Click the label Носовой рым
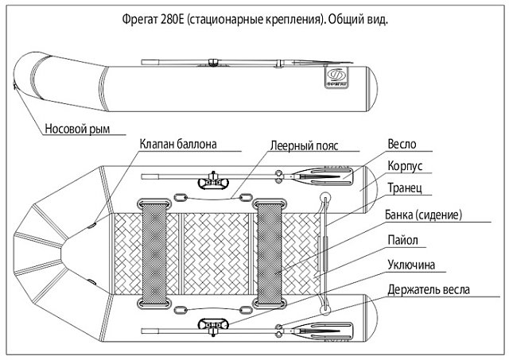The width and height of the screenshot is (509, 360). tap(76, 129)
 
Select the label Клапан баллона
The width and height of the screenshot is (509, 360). tap(177, 145)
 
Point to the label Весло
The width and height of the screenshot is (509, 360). tap(402, 146)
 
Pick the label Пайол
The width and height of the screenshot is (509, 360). tap(403, 239)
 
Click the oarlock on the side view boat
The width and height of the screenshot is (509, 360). tap(212, 61)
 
